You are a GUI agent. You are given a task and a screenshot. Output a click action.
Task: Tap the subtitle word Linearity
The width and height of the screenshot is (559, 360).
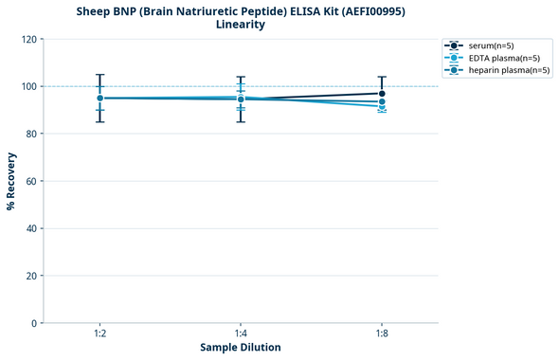pos(241,25)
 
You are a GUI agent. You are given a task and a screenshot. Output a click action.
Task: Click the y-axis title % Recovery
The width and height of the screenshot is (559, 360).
pos(11,181)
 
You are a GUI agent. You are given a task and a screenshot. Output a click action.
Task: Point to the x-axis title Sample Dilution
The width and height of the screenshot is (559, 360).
pos(241,348)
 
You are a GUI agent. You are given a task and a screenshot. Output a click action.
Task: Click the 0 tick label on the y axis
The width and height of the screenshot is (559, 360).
pos(34,323)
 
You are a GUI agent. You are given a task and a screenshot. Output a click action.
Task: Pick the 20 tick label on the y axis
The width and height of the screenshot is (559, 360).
pos(31,276)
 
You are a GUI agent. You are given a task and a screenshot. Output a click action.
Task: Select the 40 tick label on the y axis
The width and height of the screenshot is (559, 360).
pos(31,228)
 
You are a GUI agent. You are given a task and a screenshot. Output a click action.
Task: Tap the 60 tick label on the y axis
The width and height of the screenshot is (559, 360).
pos(31,181)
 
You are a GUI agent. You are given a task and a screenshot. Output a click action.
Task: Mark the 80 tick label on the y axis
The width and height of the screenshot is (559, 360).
pos(31,134)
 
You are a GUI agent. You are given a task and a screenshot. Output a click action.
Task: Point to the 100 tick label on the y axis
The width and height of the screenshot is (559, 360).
pos(28,86)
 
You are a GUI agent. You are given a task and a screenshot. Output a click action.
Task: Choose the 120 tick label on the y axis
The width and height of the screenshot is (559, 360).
pos(28,39)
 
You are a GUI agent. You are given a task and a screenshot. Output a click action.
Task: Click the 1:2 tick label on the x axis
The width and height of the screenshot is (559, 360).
pos(99,333)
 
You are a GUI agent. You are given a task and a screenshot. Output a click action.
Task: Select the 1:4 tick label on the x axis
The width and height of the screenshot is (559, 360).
pos(241,333)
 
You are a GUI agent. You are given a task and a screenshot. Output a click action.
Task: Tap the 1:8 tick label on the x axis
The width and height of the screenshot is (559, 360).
pos(382,333)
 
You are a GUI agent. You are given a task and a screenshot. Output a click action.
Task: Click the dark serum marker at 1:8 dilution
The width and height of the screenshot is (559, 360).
pos(382,94)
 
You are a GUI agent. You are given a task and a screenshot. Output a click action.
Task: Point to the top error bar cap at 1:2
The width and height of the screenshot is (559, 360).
pos(99,75)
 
